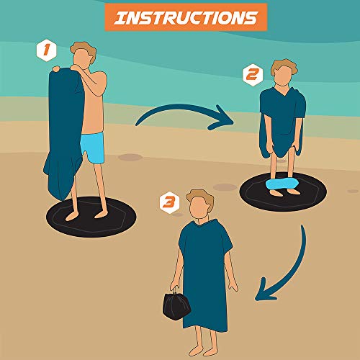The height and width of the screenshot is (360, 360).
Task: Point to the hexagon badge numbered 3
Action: point(169,203)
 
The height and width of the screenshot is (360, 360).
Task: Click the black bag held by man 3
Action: point(176,304)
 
